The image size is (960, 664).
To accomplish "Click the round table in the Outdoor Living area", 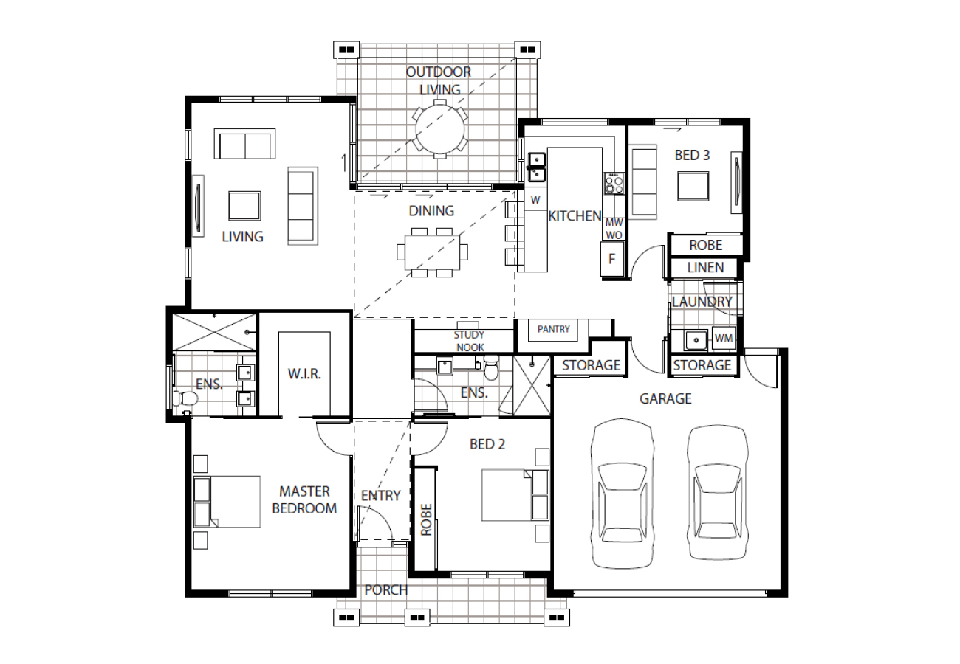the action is point(439,129).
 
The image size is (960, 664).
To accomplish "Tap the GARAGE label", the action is point(665,399).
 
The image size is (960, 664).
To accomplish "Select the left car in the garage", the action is point(623,494).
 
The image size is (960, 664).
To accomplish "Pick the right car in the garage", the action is point(718,492).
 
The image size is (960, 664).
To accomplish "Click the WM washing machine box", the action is point(724,338).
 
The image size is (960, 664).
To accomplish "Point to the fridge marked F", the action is point(612,258).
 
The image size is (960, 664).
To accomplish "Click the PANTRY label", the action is point(553,329).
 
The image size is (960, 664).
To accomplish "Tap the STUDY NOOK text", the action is point(470,341).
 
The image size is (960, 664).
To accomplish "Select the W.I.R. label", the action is point(304,374).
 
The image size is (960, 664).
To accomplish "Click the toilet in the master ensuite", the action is point(185,398).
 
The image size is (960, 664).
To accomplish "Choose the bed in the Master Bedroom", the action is point(227,502).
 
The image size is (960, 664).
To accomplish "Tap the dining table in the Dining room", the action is point(432,252).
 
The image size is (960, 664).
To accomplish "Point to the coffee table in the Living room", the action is point(244,206).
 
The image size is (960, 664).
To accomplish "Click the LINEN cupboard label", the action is point(705,268).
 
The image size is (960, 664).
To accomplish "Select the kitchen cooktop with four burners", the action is point(614,183).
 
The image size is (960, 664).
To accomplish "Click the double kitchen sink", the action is point(536,167).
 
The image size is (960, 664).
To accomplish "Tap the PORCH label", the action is point(385,590).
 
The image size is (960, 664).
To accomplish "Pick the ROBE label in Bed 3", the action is point(705,245).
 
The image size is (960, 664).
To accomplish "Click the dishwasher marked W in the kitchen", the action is point(535,200).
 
